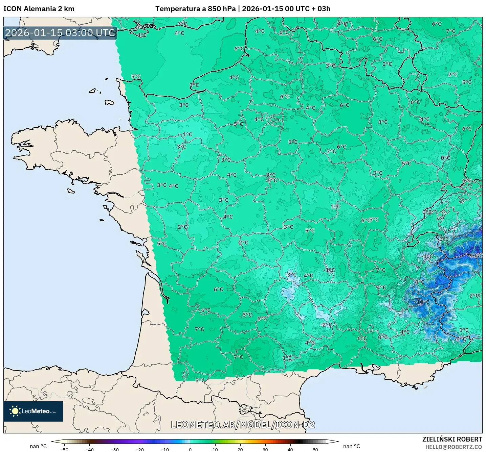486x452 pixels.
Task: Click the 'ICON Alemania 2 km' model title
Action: [x=39, y=9]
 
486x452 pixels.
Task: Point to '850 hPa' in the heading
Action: [x=222, y=9]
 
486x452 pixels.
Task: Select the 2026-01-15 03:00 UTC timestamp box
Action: [x=60, y=33]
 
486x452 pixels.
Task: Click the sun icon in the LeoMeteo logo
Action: [x=15, y=411]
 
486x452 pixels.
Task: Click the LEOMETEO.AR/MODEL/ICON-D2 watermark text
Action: [x=243, y=425]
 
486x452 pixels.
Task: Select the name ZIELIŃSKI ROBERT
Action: [x=452, y=439]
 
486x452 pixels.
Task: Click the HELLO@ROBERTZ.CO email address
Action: [x=454, y=447]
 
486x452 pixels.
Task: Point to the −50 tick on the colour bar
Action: [x=64, y=449]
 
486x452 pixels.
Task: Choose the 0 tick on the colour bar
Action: [x=190, y=449]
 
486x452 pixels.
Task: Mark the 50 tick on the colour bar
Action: [x=315, y=449]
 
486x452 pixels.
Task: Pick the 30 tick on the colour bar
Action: [x=265, y=449]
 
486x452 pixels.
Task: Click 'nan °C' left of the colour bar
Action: [x=38, y=447]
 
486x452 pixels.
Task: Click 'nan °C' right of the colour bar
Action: [x=352, y=447]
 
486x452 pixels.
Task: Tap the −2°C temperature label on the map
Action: [x=326, y=325]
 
